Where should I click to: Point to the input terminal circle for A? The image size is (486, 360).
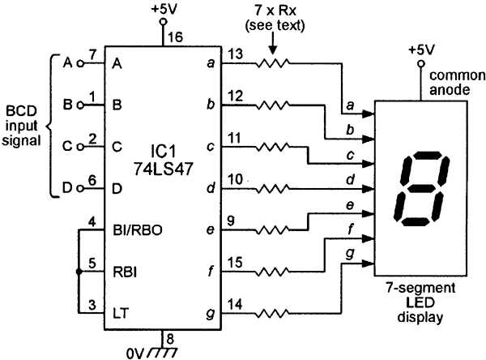(x=80, y=63)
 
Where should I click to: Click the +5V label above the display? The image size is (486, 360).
(x=421, y=50)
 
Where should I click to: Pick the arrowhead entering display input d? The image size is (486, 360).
(x=371, y=178)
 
